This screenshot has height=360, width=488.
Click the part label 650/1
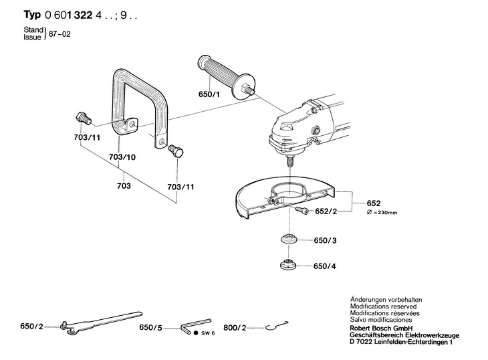[210, 95]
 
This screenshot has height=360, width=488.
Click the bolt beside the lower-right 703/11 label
[177, 151]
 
